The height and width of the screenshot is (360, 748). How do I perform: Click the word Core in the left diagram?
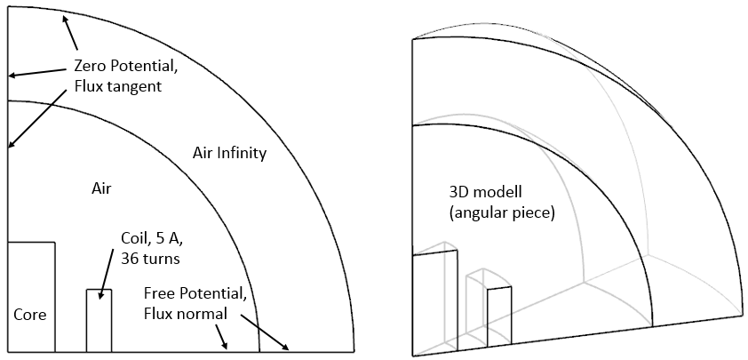point(29,315)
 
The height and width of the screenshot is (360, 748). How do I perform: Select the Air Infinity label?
point(229,153)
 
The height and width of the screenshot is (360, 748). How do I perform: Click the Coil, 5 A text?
point(152,238)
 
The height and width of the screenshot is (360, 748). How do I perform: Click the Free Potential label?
point(201,293)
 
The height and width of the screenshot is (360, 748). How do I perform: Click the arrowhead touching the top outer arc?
point(64,19)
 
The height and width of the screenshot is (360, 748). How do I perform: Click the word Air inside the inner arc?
point(103,188)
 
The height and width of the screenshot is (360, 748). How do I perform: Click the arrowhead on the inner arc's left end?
point(11,144)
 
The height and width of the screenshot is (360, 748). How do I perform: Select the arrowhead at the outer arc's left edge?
point(11,76)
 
